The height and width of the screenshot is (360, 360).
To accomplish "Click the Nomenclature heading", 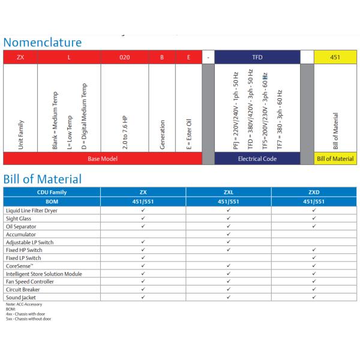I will click(42, 42).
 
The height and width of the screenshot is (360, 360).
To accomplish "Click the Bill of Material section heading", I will click(42, 179).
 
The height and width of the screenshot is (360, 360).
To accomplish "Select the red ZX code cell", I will click(20, 58).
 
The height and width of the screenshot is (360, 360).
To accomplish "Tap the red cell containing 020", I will click(124, 58).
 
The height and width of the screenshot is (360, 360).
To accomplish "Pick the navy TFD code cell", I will click(257, 58).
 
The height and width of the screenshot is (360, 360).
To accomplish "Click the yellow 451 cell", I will click(335, 58).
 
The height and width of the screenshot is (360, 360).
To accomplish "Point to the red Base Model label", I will click(103, 159).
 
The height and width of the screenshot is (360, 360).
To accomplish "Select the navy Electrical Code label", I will click(257, 159).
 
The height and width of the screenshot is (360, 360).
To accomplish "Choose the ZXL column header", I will click(229, 192).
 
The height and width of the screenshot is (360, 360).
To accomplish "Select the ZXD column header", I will click(314, 192).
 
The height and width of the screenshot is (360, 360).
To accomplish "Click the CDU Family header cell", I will click(52, 192).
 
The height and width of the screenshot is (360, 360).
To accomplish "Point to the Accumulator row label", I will click(21, 235).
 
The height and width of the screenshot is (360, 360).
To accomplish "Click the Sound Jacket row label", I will click(22, 297).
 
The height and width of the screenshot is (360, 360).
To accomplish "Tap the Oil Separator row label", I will click(22, 227).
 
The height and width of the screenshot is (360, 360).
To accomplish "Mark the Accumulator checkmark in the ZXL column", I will click(229, 235).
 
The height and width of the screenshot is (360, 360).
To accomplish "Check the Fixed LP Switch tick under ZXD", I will click(314, 258).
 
